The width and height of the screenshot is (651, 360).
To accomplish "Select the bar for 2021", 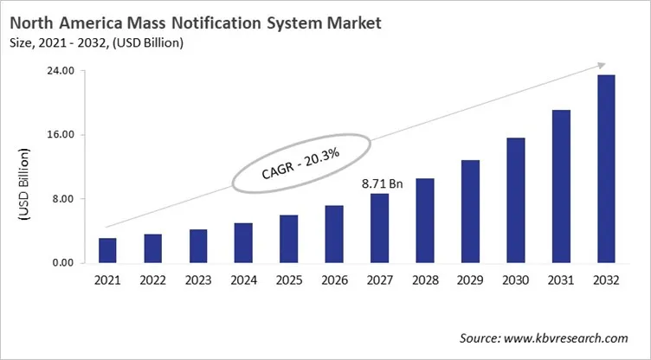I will pyautogui.click(x=107, y=250).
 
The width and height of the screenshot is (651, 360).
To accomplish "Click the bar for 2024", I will pyautogui.click(x=243, y=243).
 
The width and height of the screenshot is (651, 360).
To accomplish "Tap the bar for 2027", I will pyautogui.click(x=379, y=228).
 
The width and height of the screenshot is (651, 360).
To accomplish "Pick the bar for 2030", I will pyautogui.click(x=515, y=200).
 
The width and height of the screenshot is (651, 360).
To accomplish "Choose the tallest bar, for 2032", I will pyautogui.click(x=606, y=169).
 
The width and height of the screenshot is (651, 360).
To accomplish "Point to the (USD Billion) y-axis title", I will pyautogui.click(x=23, y=183).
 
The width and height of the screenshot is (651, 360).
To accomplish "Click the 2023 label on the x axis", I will pyautogui.click(x=197, y=280).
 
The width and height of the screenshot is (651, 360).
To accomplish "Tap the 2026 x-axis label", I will pyautogui.click(x=334, y=280).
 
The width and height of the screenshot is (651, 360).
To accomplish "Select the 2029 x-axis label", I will pyautogui.click(x=470, y=280).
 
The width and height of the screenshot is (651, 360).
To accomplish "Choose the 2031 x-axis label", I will pyautogui.click(x=561, y=280).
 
